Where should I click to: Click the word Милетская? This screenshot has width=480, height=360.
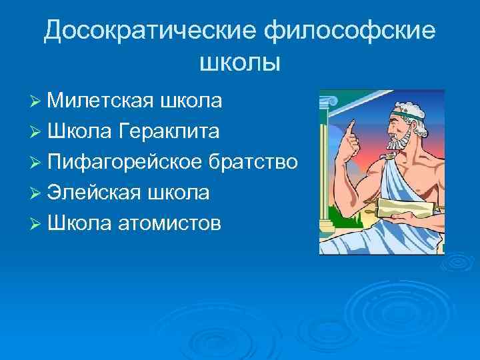pos(101,101)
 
